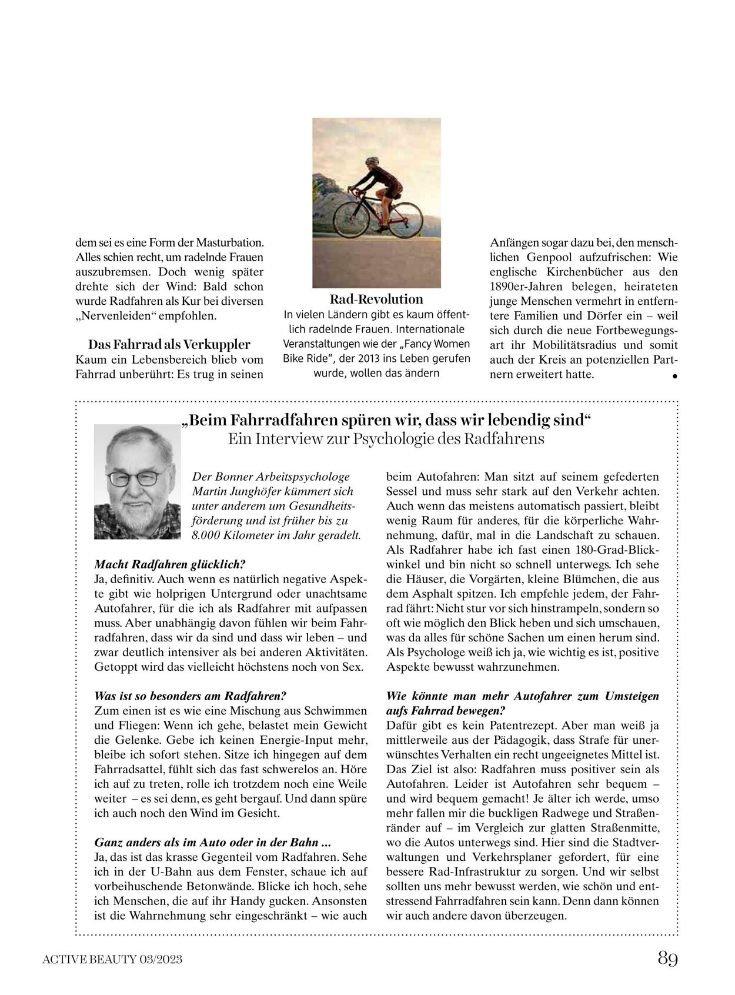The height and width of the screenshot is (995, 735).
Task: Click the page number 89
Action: (667, 959)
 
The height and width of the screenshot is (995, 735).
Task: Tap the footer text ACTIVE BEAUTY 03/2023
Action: (112, 960)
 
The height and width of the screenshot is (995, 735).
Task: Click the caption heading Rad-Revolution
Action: (376, 299)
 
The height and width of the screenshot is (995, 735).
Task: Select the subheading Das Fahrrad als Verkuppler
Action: (169, 344)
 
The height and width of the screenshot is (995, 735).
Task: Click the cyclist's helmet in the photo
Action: (372, 160)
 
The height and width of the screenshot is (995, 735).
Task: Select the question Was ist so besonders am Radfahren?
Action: (191, 695)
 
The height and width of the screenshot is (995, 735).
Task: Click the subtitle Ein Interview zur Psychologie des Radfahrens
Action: (386, 439)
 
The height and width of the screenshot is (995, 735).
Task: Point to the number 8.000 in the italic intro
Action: (206, 535)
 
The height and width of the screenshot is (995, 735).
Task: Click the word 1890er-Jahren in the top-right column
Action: (523, 287)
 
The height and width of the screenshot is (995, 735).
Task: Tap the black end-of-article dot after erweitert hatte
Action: (674, 375)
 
